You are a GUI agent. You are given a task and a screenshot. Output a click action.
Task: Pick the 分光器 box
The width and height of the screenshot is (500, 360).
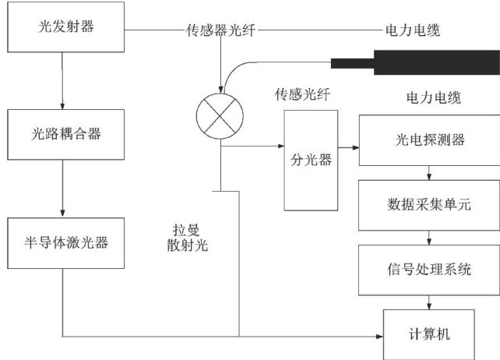tap(311, 161)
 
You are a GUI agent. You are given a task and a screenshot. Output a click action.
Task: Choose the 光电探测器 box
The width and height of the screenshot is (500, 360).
tap(425, 139)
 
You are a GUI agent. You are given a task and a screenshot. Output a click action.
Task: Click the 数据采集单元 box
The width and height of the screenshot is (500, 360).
tap(425, 204)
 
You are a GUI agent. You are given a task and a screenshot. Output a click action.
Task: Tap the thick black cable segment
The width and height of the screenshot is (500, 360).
tap(413, 62)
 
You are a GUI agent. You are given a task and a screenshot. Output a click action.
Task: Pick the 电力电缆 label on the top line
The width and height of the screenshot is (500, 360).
tap(412, 31)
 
